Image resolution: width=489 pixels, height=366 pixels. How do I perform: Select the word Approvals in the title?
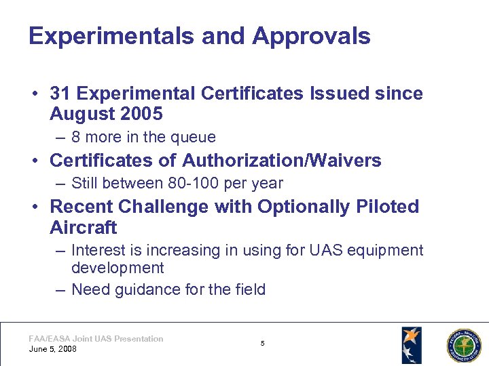click(x=311, y=36)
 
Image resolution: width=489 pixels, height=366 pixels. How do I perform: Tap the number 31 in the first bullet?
click(x=60, y=94)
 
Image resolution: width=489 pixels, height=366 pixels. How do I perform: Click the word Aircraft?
click(x=84, y=227)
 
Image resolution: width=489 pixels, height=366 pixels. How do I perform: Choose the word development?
click(x=117, y=268)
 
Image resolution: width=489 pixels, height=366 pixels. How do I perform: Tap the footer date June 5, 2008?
click(x=53, y=349)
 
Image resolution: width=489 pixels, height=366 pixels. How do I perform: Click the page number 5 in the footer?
click(x=263, y=344)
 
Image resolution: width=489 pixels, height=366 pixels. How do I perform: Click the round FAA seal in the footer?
click(x=463, y=346)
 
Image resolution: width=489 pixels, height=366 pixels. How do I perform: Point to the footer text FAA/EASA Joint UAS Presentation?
click(x=96, y=338)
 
